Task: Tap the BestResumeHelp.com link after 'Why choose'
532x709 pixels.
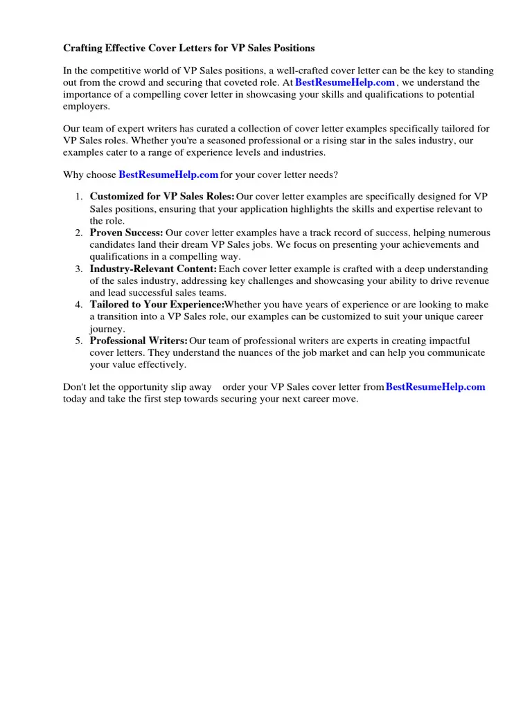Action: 168,175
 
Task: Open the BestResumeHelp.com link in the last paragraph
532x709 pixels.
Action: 435,387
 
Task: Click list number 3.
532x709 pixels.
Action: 79,269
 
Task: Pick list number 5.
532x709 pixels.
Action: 79,341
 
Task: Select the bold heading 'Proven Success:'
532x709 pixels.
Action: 127,233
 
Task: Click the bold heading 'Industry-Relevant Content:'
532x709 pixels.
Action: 153,269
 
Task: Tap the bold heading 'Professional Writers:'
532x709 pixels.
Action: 139,341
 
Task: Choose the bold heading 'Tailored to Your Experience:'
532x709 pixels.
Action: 157,305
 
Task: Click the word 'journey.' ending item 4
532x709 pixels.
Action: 107,329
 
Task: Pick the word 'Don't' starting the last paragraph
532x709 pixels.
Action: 75,387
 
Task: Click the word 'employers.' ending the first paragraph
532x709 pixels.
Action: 87,107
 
